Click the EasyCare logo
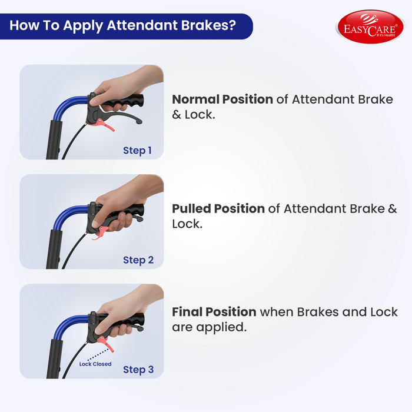[x=370, y=27]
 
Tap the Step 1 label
[x=137, y=151]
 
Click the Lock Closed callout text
[x=95, y=364]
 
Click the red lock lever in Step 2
[x=100, y=232]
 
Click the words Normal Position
[x=222, y=99]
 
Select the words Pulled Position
[x=218, y=209]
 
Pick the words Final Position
[x=214, y=312]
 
